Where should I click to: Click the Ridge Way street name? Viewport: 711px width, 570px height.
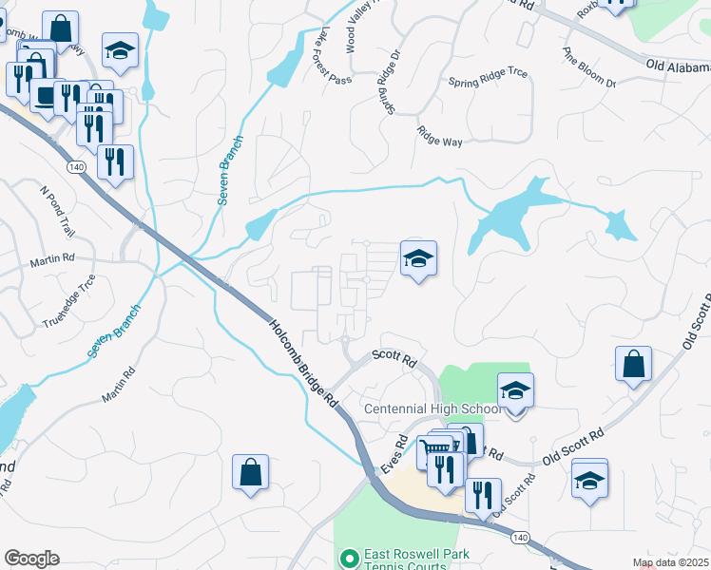[439, 136]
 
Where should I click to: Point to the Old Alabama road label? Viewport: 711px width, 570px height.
[677, 67]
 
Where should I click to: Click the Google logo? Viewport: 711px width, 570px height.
[31, 559]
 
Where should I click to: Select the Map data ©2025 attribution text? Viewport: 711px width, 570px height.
[670, 562]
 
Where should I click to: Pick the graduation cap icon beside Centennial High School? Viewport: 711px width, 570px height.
[515, 389]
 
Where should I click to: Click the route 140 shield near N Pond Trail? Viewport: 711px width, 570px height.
[77, 167]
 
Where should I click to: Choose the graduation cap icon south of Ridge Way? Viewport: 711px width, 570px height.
[418, 258]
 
